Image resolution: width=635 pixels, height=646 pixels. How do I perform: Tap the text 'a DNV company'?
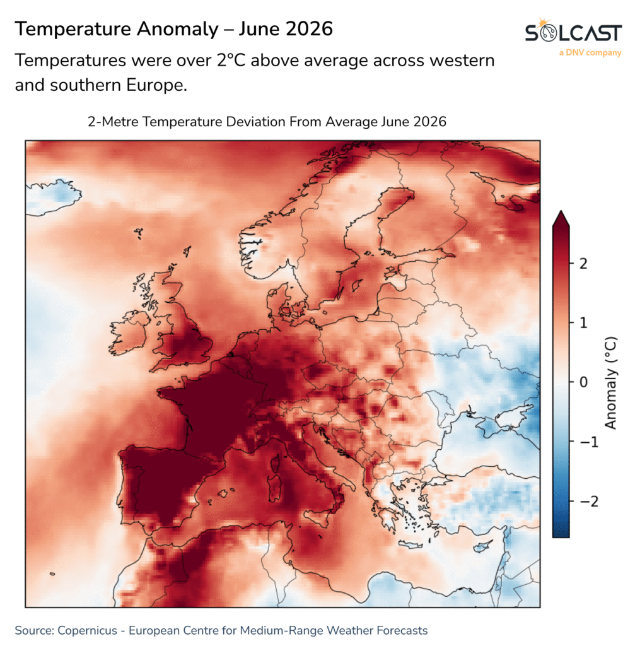[590, 53]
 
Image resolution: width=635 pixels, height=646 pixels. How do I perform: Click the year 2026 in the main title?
[309, 29]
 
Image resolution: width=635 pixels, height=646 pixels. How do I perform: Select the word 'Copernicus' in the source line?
[87, 630]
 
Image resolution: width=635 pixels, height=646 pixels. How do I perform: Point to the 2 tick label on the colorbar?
[583, 263]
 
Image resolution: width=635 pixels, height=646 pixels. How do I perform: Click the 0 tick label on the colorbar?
[583, 382]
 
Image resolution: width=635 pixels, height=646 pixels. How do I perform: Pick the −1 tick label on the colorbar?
[589, 442]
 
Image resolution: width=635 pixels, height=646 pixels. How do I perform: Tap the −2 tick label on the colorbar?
[589, 502]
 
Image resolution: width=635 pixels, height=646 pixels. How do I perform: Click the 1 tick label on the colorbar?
[583, 322]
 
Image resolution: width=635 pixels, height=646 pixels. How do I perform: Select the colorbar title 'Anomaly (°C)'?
[610, 383]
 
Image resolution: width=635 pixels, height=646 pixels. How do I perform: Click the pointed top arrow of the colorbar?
[561, 218]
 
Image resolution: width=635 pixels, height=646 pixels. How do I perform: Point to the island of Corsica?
[275, 462]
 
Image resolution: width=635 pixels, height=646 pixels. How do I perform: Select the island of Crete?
[410, 545]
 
